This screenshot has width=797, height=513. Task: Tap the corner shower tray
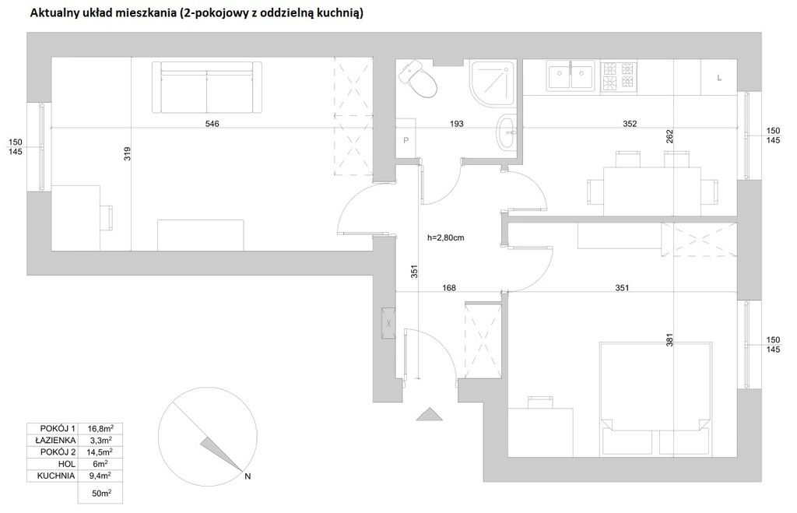(493, 83)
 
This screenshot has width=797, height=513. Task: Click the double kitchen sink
(571, 76)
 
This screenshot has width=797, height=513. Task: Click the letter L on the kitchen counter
(719, 78)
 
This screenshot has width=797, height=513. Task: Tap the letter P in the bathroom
(406, 140)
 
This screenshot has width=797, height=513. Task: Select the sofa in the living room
(207, 87)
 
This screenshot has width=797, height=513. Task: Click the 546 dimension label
(212, 124)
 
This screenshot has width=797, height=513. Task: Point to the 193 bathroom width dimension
(456, 124)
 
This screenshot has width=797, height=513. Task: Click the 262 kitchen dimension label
(669, 137)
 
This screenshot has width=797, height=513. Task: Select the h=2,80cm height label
(446, 237)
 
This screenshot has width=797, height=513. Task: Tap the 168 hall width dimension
(449, 288)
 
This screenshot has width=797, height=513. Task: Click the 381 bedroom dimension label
(669, 339)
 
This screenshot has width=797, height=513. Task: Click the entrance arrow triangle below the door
(430, 414)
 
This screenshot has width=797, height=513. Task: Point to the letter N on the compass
(248, 476)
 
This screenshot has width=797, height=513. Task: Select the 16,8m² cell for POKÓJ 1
(100, 428)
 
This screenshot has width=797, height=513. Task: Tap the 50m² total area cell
(102, 494)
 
